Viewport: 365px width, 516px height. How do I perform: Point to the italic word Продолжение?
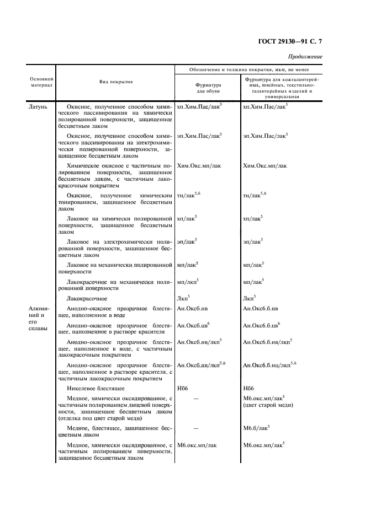click(x=305, y=57)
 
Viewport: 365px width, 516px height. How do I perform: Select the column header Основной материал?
click(x=41, y=83)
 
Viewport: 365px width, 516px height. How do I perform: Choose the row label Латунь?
click(x=39, y=105)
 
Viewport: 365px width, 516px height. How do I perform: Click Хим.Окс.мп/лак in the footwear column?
click(x=198, y=165)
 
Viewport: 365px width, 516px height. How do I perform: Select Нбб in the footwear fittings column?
click(x=183, y=388)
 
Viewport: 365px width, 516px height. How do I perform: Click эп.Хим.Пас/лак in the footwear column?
click(x=199, y=135)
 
